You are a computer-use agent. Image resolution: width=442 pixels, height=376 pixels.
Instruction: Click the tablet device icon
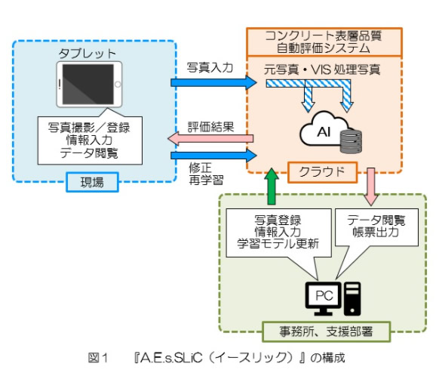[x=89, y=84]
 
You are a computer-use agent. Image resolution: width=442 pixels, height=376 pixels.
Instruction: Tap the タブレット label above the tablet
[x=87, y=54]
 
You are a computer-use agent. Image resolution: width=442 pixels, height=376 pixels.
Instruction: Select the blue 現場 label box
[x=92, y=182]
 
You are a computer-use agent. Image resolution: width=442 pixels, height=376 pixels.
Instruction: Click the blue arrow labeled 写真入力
[x=213, y=82]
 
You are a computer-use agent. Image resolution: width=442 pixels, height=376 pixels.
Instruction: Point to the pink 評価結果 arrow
[x=210, y=138]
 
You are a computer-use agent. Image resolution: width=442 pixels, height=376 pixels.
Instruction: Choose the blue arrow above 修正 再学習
[x=213, y=156]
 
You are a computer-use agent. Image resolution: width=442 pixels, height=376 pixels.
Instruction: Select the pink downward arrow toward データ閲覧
[x=371, y=186]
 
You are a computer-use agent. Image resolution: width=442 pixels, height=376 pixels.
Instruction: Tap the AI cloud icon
[x=324, y=128]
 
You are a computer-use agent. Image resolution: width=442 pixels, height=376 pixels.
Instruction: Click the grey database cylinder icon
[x=351, y=141]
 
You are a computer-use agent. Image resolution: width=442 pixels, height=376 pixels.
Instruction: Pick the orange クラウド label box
[x=322, y=172]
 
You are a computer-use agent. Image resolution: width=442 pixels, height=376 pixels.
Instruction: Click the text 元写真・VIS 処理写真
[x=322, y=69]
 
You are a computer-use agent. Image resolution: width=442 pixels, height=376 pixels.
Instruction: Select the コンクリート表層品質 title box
[x=324, y=42]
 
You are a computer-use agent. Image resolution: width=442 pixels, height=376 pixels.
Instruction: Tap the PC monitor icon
[x=324, y=298]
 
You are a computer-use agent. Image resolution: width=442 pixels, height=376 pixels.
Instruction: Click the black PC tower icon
[x=352, y=299]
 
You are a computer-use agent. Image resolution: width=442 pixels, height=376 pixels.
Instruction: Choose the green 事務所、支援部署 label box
[x=326, y=331]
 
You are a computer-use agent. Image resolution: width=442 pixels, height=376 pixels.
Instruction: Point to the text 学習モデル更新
[x=278, y=244]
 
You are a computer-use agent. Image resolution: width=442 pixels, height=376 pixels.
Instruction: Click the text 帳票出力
[x=376, y=232]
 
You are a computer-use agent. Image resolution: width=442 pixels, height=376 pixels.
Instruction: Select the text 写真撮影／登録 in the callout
[x=89, y=128]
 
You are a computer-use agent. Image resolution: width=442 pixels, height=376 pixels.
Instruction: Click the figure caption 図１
[x=98, y=358]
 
